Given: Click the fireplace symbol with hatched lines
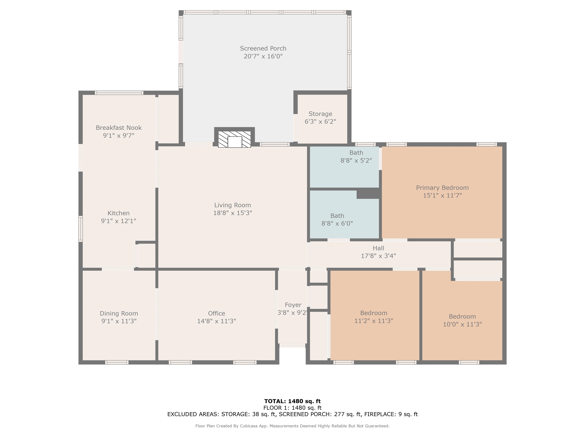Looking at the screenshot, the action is (x=234, y=139).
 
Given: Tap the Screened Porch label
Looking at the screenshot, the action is (x=263, y=49).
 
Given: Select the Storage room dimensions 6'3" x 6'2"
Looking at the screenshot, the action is (x=320, y=122).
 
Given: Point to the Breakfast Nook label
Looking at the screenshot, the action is (x=119, y=128).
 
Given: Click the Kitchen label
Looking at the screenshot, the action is (x=118, y=213).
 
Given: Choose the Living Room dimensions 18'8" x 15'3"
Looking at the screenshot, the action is (x=233, y=213).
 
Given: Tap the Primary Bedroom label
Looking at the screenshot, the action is (x=442, y=188).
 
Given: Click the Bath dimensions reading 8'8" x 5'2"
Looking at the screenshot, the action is (x=356, y=160).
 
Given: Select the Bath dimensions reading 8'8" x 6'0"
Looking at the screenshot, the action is (x=337, y=224).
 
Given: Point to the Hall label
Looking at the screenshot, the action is (x=378, y=248).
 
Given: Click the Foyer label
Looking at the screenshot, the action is (x=293, y=305).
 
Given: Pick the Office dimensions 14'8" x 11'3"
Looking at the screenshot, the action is (x=217, y=321).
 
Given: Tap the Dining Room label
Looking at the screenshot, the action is (x=119, y=313).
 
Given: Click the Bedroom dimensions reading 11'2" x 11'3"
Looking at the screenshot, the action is (x=374, y=321).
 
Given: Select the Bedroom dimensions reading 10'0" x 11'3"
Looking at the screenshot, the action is (x=462, y=324).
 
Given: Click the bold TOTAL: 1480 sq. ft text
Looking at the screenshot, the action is (x=292, y=401).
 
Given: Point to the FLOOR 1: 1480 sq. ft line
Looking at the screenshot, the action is (x=292, y=408).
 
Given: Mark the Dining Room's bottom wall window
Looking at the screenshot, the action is (x=117, y=362).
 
